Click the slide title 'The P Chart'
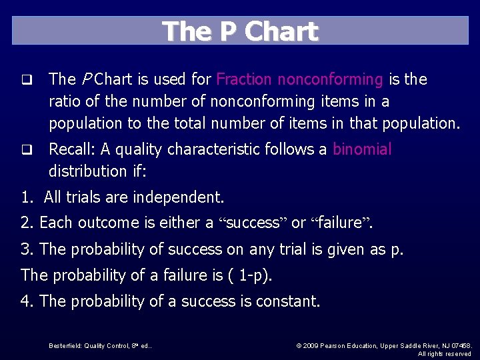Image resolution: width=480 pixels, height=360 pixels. pos(240,31)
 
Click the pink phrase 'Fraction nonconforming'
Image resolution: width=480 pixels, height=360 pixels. pos(299,79)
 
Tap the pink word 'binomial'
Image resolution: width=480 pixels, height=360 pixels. pos(362,149)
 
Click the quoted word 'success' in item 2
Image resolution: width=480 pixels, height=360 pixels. pos(252,223)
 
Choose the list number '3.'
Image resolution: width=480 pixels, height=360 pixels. pos(27,249)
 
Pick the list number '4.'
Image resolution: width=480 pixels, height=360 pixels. pos(27,301)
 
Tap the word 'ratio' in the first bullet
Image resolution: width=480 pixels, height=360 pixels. pos(66,101)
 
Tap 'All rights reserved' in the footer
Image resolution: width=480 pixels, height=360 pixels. pos(445,354)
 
